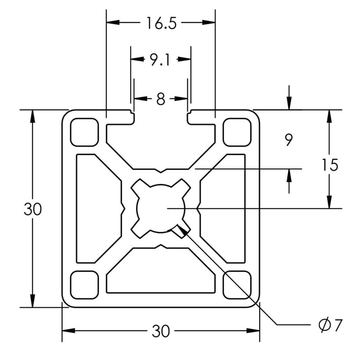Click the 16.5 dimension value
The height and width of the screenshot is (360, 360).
161,23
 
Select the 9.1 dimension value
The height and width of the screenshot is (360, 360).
160,59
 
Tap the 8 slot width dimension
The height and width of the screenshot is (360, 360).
161,99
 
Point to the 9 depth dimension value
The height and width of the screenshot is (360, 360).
289,140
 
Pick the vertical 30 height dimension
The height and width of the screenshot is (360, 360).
32,209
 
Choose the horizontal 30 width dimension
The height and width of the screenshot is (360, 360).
161,332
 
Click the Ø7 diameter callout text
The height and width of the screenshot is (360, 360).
331,324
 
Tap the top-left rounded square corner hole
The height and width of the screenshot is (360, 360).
84,132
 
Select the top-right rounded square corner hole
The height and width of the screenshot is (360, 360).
237,132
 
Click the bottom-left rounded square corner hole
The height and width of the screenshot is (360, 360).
84,285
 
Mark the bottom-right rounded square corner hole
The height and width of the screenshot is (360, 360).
237,285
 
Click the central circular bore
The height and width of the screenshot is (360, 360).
161,208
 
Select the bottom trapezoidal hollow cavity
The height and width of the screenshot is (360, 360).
161,272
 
